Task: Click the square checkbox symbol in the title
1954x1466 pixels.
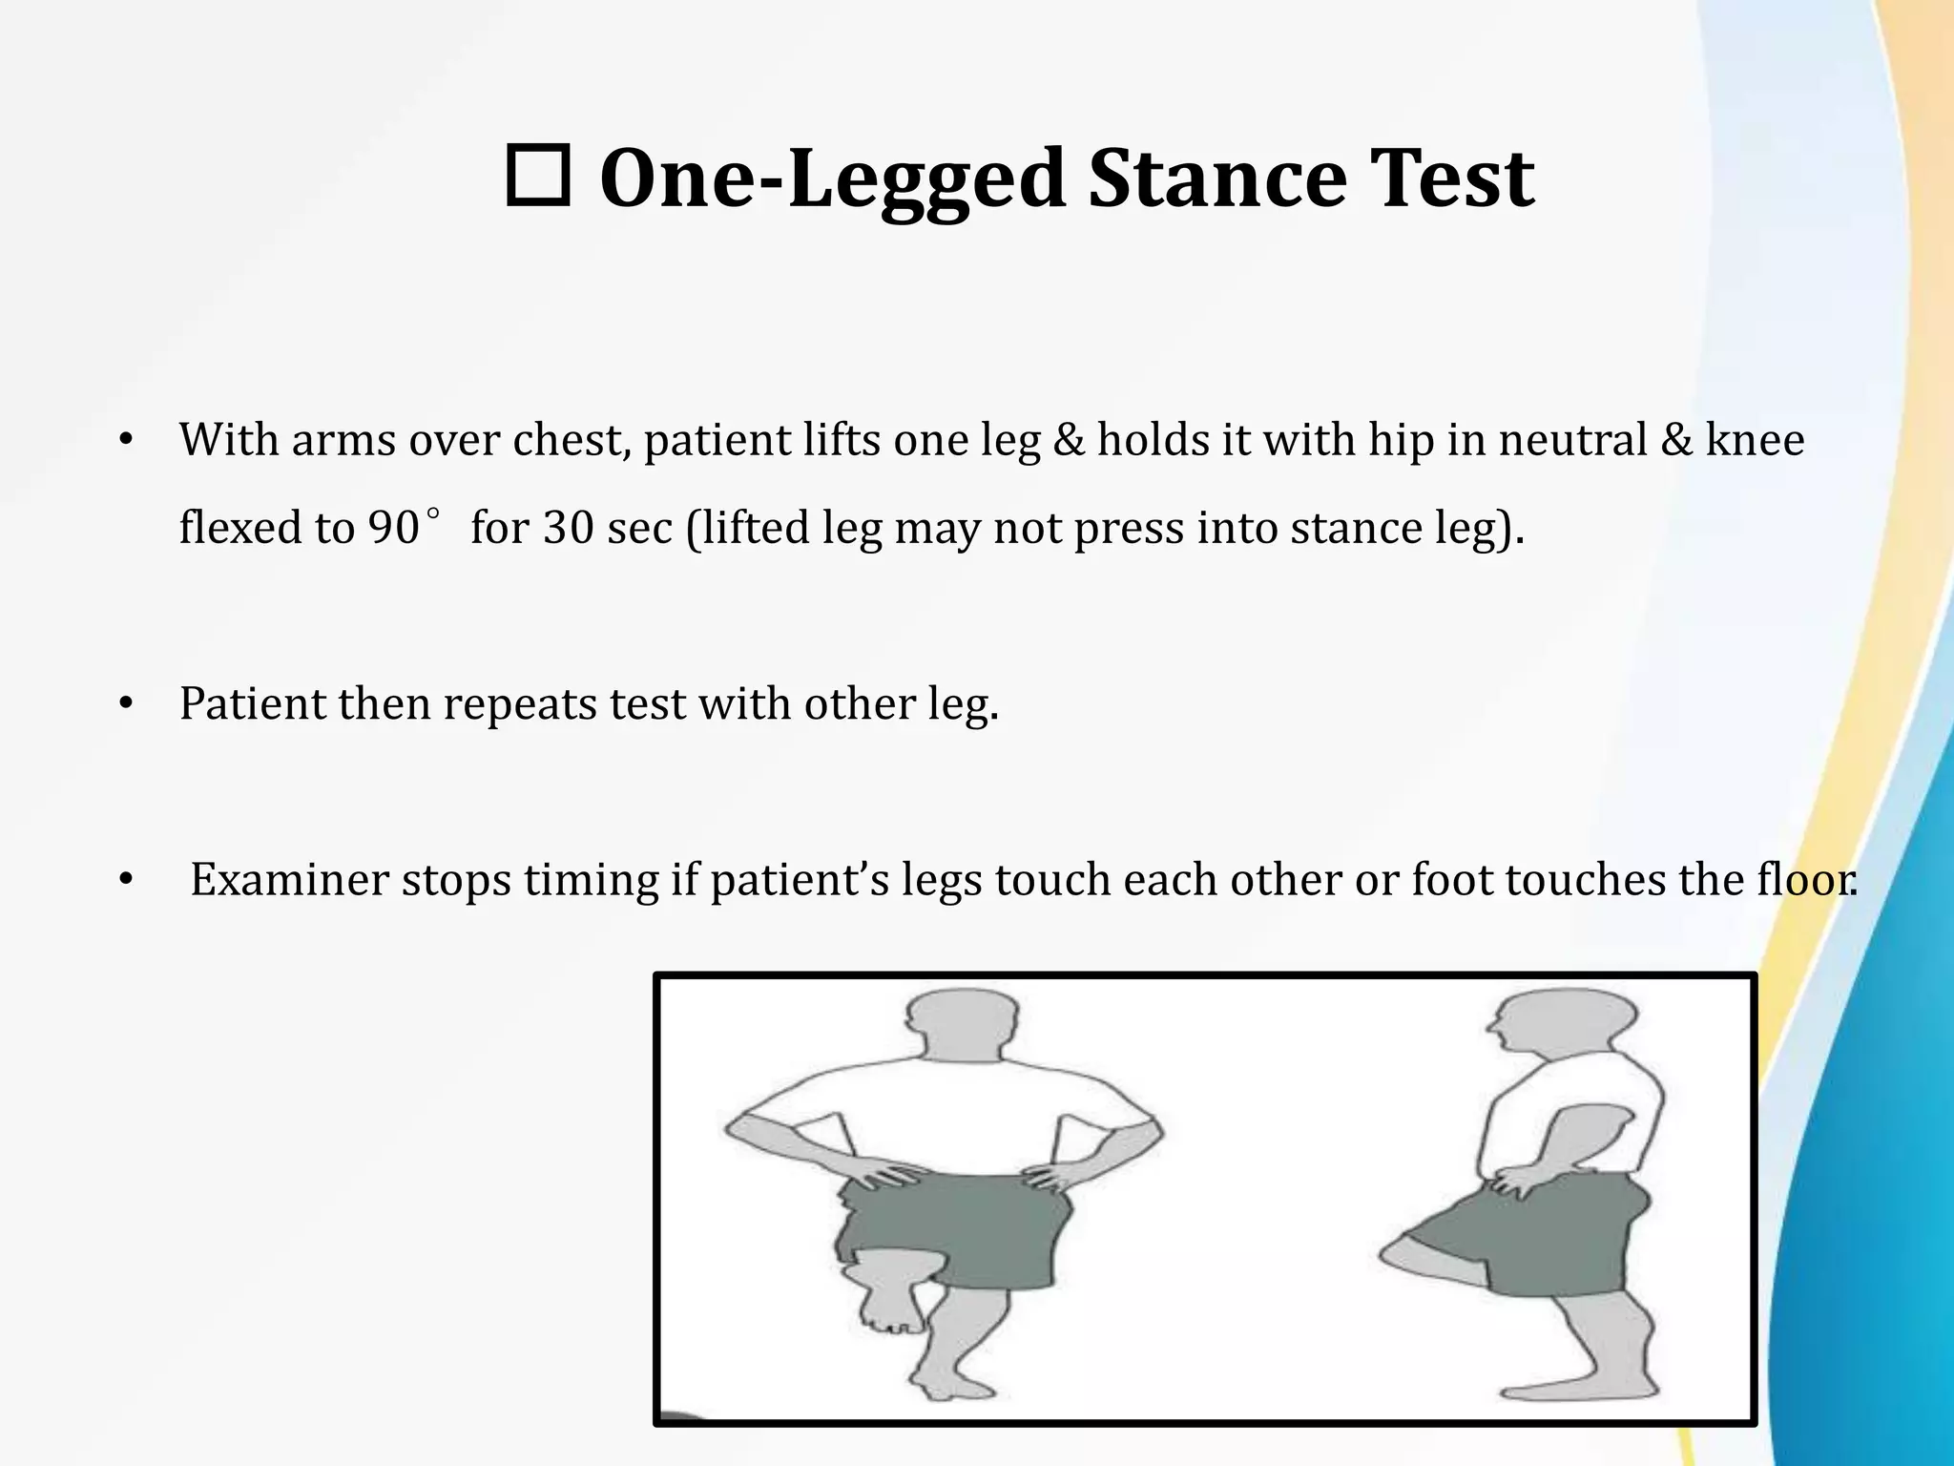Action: coord(537,177)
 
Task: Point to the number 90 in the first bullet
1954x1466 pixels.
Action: coord(393,528)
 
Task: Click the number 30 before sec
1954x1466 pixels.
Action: coord(568,528)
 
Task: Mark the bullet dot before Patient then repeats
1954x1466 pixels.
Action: coord(124,705)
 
